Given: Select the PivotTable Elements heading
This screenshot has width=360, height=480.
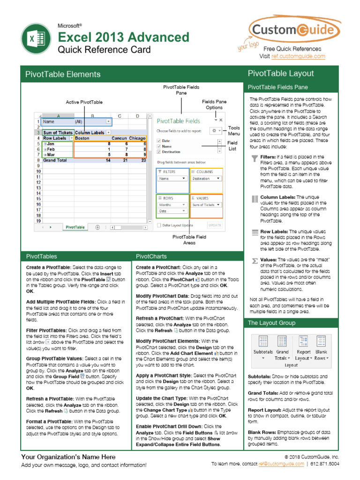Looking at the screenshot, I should [x=63, y=74].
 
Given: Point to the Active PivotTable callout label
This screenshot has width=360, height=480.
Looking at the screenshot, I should [x=84, y=102].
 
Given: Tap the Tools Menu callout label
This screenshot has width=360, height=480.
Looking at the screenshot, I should [x=234, y=131].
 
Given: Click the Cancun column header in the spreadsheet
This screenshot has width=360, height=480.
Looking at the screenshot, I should [x=119, y=138].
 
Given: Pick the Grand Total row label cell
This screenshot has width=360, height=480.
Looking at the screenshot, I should [x=55, y=160].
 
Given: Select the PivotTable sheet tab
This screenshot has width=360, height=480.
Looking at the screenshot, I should [x=75, y=227].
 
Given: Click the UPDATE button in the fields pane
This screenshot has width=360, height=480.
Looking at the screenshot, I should [x=214, y=225].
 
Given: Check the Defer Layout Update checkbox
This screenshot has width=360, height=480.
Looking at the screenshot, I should [x=159, y=225].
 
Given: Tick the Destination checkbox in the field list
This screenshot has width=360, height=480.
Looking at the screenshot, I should [x=159, y=152].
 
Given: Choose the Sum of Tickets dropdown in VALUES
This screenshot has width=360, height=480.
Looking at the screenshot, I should [x=206, y=205].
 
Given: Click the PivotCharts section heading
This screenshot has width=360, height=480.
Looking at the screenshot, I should [x=149, y=256].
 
